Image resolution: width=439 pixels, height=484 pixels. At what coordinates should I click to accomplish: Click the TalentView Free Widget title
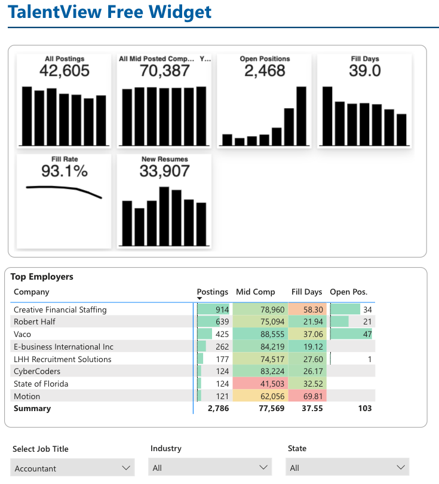point(110,12)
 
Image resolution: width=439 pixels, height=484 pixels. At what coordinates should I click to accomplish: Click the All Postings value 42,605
point(65,71)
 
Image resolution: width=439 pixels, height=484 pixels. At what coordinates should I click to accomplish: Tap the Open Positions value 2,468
point(265,71)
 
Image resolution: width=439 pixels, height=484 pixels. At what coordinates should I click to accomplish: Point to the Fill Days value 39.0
point(365,71)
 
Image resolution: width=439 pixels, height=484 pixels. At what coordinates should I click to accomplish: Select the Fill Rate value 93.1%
point(65,171)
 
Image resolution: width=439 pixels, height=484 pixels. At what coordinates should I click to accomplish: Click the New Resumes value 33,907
point(164,171)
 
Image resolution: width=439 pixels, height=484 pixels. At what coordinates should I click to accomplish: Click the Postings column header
point(213,292)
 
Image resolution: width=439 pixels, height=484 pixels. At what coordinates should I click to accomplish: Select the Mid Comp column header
point(256,292)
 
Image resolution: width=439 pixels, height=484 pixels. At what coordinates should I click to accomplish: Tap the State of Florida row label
point(41,384)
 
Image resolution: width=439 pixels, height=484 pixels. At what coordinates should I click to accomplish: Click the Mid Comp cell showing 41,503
point(260,384)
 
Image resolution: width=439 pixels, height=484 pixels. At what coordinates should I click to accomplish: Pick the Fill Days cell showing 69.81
point(307,396)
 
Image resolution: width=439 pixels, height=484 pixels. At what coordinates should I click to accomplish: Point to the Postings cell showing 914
point(213,310)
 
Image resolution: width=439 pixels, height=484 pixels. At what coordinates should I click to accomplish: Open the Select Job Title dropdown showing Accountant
point(72,468)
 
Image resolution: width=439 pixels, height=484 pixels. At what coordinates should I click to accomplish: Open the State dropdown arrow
point(401,468)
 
